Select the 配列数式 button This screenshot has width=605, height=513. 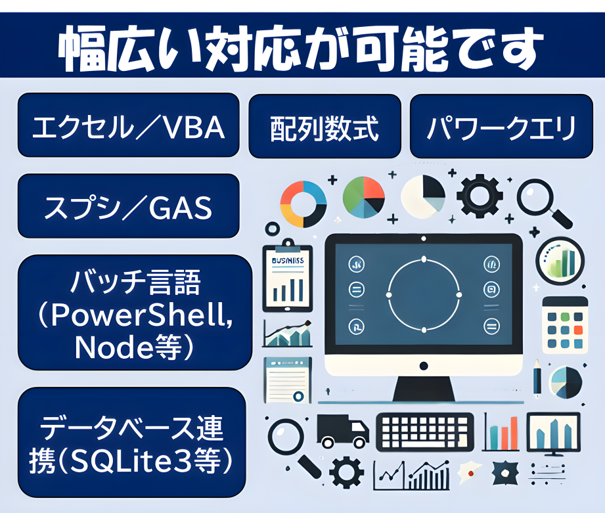click(325, 126)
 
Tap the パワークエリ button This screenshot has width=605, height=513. click(501, 126)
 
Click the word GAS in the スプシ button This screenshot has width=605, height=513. click(181, 208)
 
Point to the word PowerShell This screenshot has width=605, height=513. click(142, 315)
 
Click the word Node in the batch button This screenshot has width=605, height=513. click(114, 347)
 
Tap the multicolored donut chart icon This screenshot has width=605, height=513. click(303, 204)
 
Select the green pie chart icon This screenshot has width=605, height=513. click(363, 197)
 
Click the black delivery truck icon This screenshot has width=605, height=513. click(342, 431)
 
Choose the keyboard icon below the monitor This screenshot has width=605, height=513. click(425, 432)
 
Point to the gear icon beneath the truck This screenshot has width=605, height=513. click(346, 472)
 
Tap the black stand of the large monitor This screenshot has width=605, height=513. click(423, 389)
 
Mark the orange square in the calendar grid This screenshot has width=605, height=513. click(578, 330)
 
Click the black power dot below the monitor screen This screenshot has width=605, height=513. click(424, 366)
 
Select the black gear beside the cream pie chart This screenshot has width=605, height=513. click(480, 195)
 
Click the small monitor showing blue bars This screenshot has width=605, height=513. click(554, 434)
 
